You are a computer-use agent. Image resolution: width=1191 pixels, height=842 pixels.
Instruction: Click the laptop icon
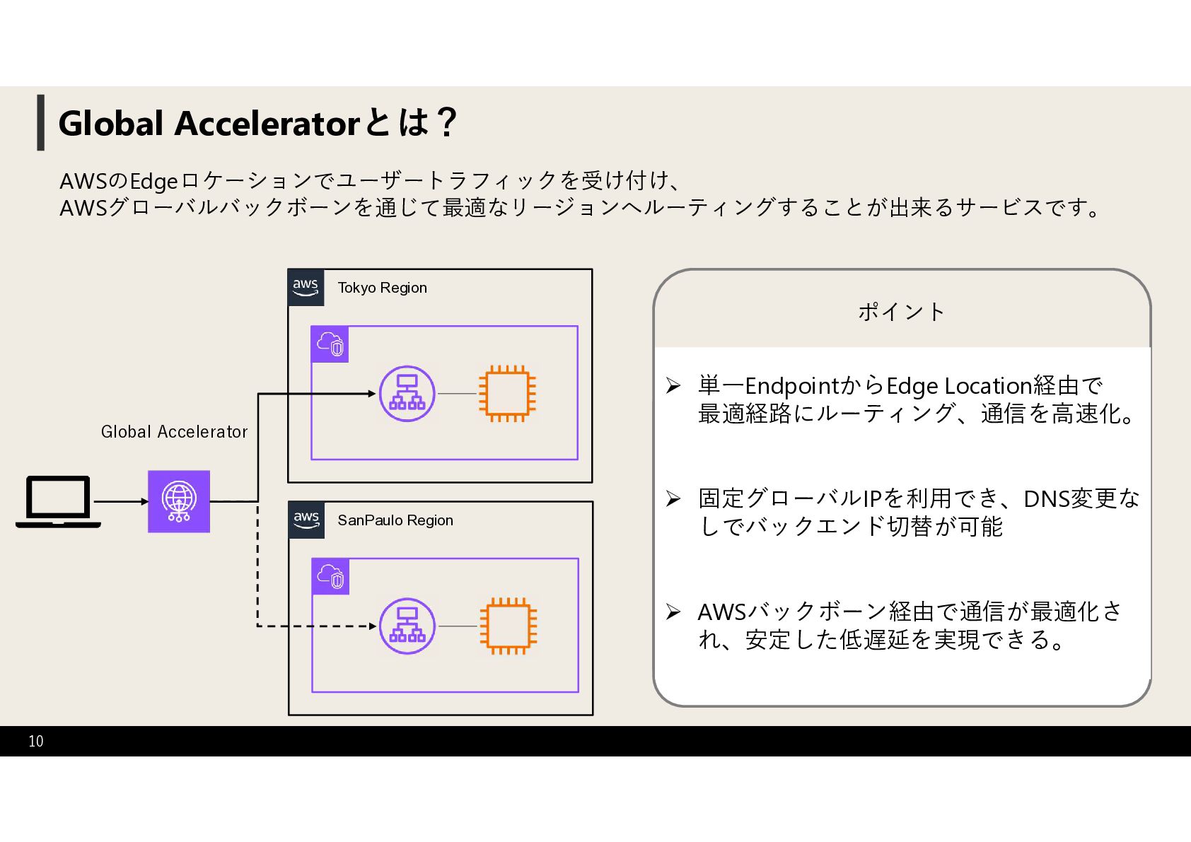[58, 501]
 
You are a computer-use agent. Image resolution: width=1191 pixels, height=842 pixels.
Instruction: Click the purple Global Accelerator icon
[179, 501]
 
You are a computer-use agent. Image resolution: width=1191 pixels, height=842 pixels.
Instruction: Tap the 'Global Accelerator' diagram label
[174, 432]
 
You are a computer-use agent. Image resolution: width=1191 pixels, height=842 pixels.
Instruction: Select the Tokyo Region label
[382, 288]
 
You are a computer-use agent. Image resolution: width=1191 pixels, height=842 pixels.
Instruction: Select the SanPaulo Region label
[395, 520]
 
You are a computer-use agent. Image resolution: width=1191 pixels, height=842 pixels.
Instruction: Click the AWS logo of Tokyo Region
[306, 287]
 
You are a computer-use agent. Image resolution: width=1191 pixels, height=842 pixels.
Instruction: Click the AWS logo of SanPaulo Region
[306, 520]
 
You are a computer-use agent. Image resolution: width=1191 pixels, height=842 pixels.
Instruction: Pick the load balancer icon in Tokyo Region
[407, 394]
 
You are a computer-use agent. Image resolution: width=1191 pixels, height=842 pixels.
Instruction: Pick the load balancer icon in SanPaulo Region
[407, 626]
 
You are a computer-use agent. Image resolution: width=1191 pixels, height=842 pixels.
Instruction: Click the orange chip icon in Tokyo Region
[507, 394]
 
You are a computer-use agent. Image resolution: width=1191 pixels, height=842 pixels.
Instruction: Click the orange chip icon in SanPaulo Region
[508, 626]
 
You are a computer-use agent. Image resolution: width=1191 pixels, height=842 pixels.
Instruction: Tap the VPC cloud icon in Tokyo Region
[330, 344]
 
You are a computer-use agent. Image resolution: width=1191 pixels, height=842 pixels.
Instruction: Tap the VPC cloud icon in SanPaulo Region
[330, 576]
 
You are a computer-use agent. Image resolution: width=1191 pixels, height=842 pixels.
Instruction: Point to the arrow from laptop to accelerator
[120, 501]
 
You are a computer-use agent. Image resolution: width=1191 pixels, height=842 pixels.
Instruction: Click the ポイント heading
[902, 312]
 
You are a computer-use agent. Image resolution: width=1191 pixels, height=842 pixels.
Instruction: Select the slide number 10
[36, 741]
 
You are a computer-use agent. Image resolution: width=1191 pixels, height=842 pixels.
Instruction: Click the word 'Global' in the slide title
[111, 123]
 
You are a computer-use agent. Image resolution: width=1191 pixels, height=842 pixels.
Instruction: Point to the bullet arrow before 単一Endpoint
[673, 386]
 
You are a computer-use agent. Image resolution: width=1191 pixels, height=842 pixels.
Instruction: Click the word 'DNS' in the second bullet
[1046, 499]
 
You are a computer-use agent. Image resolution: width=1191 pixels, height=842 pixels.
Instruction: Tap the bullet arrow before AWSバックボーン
[673, 612]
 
